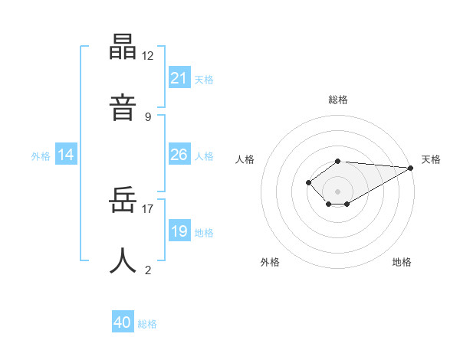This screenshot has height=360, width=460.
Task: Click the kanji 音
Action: pos(123,106)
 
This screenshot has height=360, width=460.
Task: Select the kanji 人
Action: pos(123,261)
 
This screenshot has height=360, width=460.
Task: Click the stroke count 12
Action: pos(148,56)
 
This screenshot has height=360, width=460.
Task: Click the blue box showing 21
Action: pos(179,78)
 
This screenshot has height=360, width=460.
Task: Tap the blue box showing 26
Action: pos(179,155)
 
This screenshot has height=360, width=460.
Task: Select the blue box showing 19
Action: pos(179,231)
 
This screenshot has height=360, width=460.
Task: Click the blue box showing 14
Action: pos(66,155)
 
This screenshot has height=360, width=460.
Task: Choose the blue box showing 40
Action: pos(123,322)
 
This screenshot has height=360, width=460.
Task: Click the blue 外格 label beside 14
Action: pos(41,156)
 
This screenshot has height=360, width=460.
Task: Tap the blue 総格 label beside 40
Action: pos(147,324)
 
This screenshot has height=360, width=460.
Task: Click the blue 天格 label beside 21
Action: pos(204,80)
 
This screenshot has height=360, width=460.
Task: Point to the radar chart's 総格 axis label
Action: pos(338,100)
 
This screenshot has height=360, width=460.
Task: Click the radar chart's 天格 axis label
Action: pos(431,159)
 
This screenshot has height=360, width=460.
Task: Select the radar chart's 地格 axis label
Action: pos(402,262)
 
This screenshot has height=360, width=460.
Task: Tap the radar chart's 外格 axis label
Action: pos(270,262)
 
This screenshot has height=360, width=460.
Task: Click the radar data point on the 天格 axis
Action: pos(411,168)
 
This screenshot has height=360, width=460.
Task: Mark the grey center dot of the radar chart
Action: pos(338,191)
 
